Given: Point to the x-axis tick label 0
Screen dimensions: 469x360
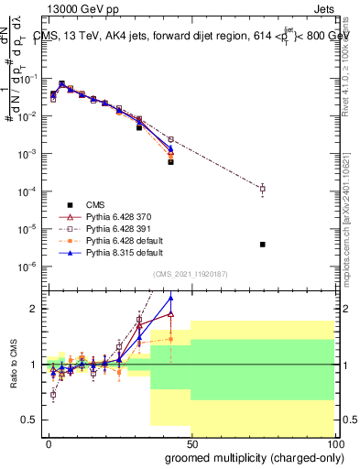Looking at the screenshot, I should coord(49,442).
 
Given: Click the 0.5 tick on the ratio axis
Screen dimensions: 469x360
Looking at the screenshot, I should coord(31,420).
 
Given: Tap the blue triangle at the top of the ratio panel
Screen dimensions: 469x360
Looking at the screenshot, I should coord(170,298).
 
